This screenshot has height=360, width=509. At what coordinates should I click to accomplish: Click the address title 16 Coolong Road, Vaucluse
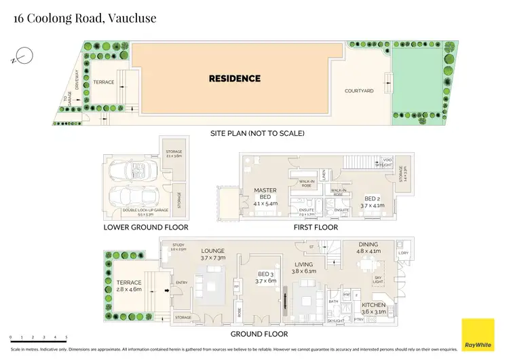[85, 18]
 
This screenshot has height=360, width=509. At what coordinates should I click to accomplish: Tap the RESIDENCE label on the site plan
[234, 79]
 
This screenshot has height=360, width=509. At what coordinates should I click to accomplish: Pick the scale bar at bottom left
[38, 338]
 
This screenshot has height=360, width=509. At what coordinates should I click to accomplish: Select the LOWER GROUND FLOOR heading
[145, 227]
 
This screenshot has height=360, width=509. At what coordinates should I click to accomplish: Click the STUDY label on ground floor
[178, 247]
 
